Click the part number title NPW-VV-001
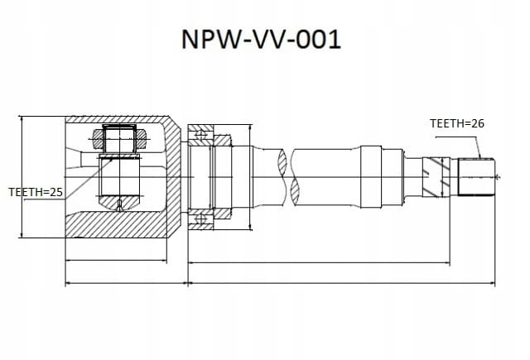(261, 40)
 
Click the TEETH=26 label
(456, 123)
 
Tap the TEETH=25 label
(36, 192)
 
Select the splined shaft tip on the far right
(476, 177)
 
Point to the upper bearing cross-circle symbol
(201, 135)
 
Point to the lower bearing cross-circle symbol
(201, 218)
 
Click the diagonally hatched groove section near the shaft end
(436, 177)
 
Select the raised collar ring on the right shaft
(371, 177)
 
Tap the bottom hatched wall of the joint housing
(115, 225)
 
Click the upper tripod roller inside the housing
(119, 139)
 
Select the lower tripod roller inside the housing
(119, 182)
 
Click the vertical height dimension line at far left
(22, 177)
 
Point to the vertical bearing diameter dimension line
(250, 177)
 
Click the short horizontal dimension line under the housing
(116, 261)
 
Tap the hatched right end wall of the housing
(173, 177)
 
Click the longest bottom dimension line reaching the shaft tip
(341, 283)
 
